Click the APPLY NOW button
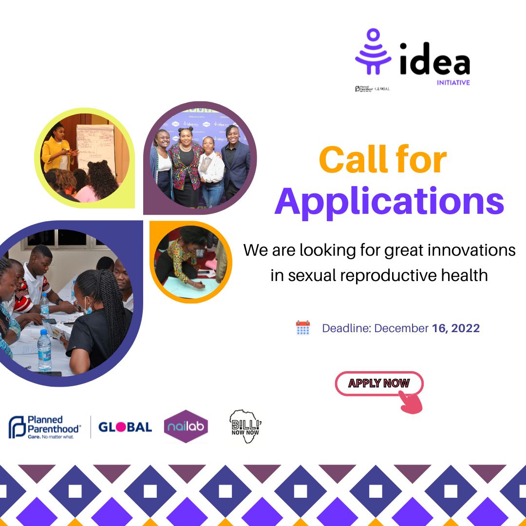379,383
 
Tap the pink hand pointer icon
410,402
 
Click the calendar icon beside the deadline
303,328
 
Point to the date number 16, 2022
455,328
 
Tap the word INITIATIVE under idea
453,83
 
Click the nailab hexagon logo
186,427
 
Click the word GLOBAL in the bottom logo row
125,427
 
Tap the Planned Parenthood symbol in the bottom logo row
17,427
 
